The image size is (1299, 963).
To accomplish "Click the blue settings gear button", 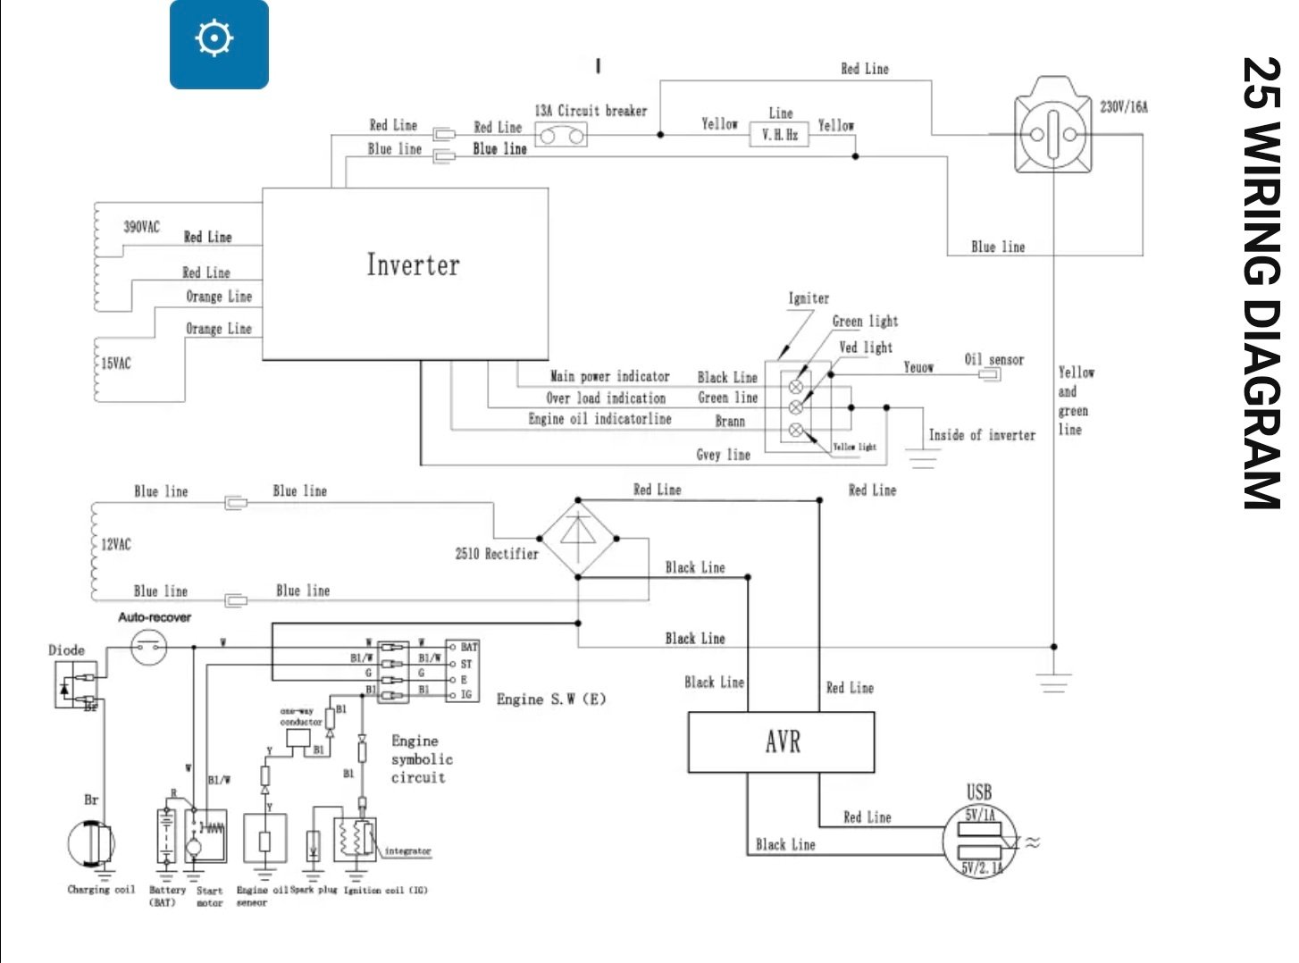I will [219, 44].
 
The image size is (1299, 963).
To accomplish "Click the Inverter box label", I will [413, 265].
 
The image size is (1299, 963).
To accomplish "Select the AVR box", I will [781, 741].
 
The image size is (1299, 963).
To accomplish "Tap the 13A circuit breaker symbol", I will [561, 135].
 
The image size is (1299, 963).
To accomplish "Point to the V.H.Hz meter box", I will [779, 135].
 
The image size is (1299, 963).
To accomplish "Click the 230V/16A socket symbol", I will [1053, 134].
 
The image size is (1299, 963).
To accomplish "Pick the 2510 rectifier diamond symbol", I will [578, 539].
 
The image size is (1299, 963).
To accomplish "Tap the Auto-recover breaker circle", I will [148, 646].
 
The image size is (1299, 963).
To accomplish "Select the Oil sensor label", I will [993, 359].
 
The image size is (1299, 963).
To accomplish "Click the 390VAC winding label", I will [141, 227].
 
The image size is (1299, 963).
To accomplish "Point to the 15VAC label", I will [115, 364].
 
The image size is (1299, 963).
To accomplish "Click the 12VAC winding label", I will [115, 544].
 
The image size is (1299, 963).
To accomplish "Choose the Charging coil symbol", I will [91, 843].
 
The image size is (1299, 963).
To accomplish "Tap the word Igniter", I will [809, 298].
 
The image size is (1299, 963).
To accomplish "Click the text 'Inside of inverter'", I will [982, 435].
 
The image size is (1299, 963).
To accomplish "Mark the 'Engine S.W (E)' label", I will [551, 699].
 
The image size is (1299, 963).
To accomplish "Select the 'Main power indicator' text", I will [609, 377].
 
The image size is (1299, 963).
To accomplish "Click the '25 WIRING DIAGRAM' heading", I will [1261, 283].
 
